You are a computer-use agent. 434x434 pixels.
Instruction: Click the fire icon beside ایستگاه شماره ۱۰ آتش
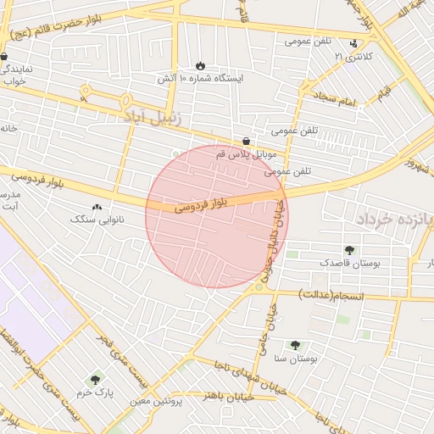pos(200,65)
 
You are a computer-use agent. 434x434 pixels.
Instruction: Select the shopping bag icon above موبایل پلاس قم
pos(246,142)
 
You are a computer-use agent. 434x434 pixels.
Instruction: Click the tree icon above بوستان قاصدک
pos(349,250)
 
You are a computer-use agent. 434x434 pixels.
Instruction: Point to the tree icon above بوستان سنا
pos(295,345)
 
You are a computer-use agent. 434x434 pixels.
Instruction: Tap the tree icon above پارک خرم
pos(94,381)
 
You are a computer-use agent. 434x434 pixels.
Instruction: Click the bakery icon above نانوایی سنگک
pos(96,207)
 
